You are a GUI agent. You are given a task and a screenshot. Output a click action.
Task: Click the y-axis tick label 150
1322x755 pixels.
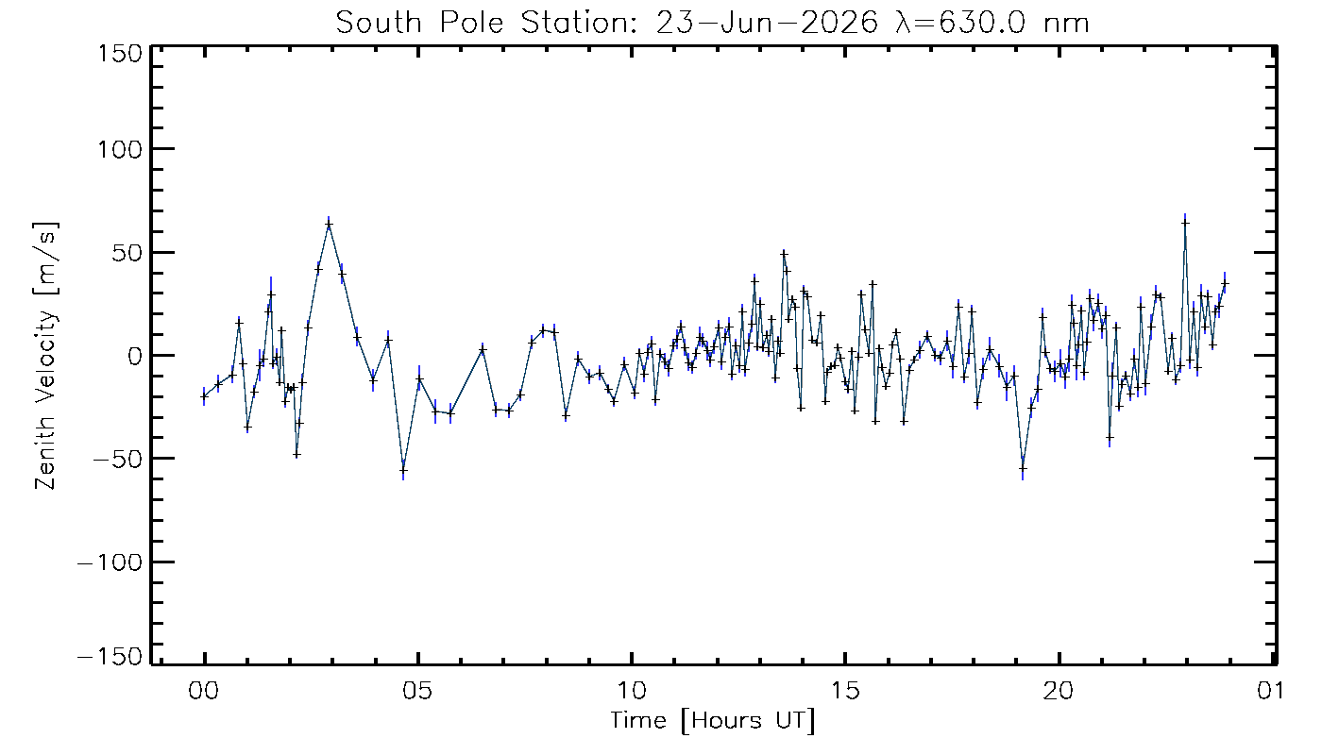pos(120,55)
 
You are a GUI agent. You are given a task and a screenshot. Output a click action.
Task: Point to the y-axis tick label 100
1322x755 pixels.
pos(120,149)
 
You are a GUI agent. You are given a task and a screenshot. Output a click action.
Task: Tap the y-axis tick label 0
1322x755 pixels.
pos(135,357)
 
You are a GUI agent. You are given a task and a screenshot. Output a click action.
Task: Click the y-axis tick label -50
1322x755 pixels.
pos(118,460)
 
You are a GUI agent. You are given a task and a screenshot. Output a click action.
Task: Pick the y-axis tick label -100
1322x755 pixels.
pos(110,562)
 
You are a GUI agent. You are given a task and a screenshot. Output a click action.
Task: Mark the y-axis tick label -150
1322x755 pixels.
pos(110,656)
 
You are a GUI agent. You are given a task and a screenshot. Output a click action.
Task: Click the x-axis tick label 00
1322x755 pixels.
pos(204,691)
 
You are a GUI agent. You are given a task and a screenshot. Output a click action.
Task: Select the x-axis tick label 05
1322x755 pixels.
pos(417,691)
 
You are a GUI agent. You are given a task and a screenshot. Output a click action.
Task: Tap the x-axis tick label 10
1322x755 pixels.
pos(632,691)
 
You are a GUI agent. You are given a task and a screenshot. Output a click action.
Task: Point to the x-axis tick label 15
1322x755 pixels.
pos(845,691)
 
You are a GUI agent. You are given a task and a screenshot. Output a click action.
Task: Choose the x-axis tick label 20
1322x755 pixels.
pos(1059,691)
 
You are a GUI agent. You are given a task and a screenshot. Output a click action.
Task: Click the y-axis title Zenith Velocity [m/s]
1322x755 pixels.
pos(46,356)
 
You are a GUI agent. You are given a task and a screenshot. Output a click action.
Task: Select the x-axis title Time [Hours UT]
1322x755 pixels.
pos(712,721)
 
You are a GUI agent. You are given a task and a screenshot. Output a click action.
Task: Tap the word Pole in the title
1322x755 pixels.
pos(471,23)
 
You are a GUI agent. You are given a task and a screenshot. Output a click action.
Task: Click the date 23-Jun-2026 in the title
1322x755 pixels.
pos(767,23)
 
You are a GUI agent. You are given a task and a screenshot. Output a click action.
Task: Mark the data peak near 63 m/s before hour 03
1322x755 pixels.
pos(329,225)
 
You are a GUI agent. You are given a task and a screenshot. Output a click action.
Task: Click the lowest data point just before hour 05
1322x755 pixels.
pos(404,471)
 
